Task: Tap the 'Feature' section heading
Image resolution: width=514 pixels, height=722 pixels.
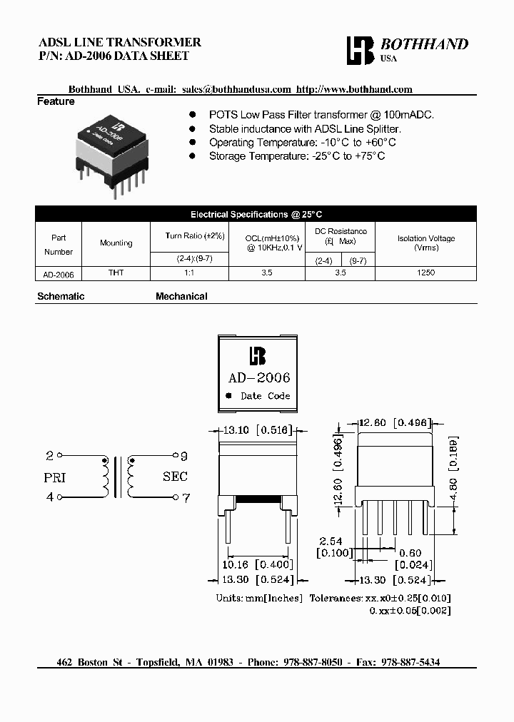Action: tap(56, 102)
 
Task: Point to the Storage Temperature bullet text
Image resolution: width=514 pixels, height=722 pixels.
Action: tap(296, 156)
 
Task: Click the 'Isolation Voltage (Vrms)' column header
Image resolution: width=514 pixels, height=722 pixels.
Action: tap(425, 243)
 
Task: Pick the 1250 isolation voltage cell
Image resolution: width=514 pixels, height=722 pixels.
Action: tap(425, 273)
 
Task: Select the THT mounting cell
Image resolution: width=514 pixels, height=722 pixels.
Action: tap(116, 273)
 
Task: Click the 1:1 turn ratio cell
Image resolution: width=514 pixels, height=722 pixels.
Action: tap(189, 273)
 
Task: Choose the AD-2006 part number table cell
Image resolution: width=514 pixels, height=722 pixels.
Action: tap(59, 273)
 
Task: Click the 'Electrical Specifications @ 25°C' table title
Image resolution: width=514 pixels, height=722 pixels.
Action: tap(256, 214)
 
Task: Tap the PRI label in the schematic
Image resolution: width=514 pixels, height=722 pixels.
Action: tap(55, 477)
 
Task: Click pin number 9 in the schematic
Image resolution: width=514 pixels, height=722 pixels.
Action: tap(183, 456)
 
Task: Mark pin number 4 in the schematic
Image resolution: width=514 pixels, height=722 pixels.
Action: tap(50, 498)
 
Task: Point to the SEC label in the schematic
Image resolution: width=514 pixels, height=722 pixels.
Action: tap(175, 477)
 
